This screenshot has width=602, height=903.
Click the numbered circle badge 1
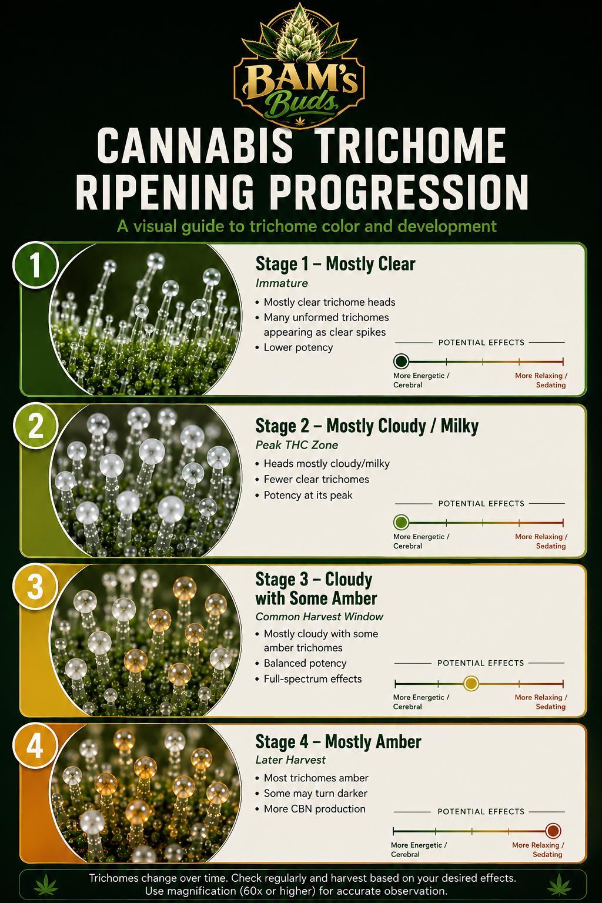tap(35, 266)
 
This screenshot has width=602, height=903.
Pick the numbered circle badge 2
tap(35, 427)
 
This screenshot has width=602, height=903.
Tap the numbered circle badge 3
tap(35, 587)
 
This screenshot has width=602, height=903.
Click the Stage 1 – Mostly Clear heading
tap(335, 264)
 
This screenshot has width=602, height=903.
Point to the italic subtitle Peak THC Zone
tap(297, 445)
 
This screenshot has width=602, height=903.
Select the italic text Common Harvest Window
tap(319, 617)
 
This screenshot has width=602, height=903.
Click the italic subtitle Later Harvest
tap(290, 760)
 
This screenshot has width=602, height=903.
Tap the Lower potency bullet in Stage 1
tap(298, 347)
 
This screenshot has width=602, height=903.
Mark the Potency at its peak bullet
tap(307, 495)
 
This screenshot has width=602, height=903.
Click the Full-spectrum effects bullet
tap(313, 679)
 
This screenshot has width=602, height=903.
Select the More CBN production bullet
tap(314, 809)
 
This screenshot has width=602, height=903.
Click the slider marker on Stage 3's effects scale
tap(470, 683)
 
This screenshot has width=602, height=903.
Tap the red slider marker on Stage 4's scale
tap(553, 831)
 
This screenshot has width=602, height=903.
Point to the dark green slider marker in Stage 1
tap(401, 361)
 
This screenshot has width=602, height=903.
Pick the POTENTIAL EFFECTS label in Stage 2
tap(481, 503)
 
